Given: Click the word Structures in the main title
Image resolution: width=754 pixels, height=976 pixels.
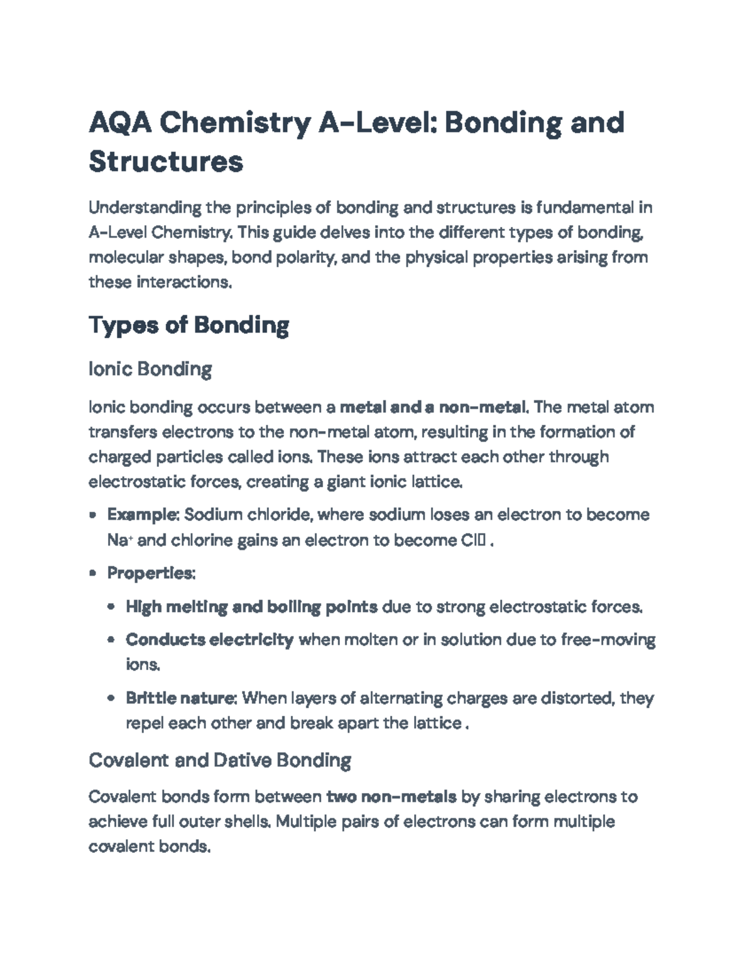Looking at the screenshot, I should pyautogui.click(x=166, y=162).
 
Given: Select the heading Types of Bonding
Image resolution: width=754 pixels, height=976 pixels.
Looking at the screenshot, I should pyautogui.click(x=188, y=326).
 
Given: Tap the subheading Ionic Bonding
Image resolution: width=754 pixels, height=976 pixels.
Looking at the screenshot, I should pyautogui.click(x=150, y=369).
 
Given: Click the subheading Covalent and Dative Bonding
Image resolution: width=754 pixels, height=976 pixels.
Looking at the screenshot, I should pyautogui.click(x=220, y=760).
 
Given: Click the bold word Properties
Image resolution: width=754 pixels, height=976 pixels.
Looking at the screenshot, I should pyautogui.click(x=151, y=573).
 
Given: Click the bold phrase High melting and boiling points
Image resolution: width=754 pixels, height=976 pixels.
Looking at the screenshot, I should pyautogui.click(x=251, y=607).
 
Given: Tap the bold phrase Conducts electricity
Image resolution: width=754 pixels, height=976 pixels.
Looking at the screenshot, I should pyautogui.click(x=209, y=640).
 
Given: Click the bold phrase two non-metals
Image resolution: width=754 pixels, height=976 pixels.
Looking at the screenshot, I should pyautogui.click(x=391, y=797).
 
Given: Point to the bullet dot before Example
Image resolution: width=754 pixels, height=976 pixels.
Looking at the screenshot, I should pyautogui.click(x=93, y=515).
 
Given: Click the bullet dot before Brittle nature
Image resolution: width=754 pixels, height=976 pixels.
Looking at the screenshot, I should pyautogui.click(x=111, y=699).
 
